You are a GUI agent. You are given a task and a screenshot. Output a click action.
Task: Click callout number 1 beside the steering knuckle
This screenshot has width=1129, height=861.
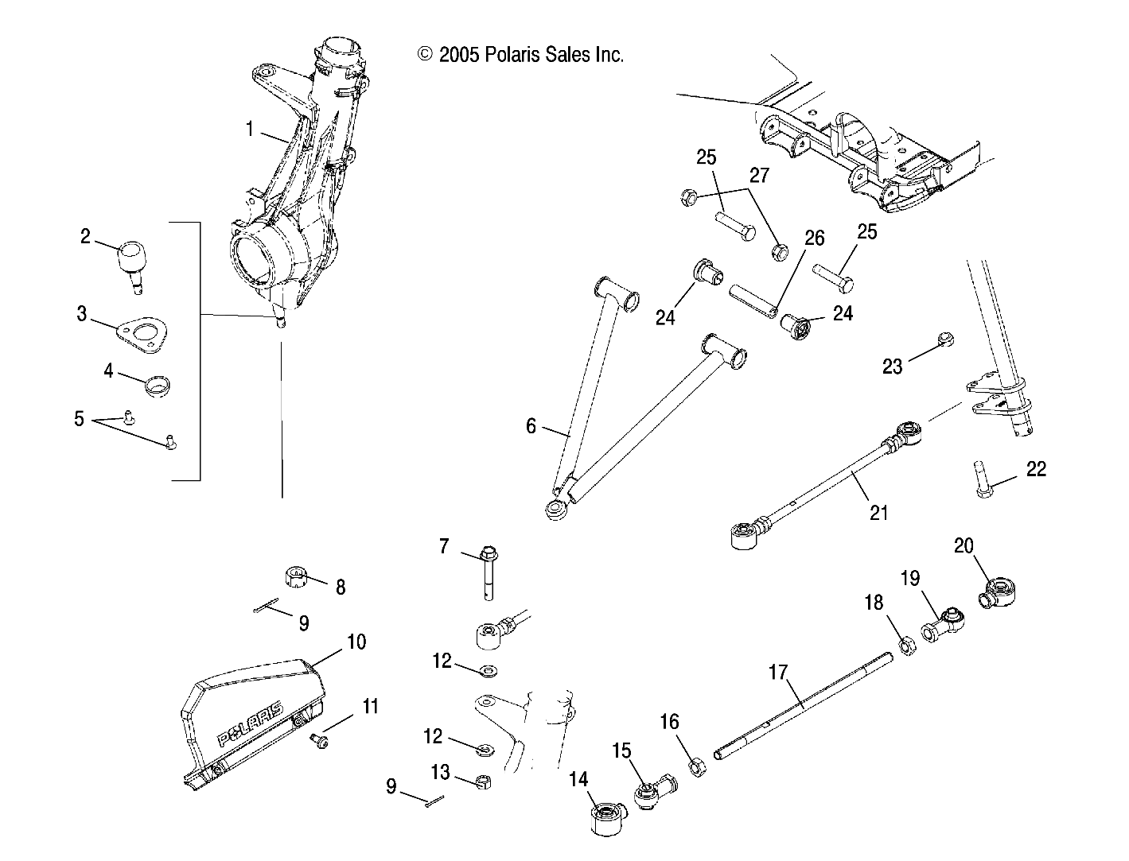point(249,129)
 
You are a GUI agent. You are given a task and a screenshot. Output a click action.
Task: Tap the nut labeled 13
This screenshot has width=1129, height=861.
point(481,781)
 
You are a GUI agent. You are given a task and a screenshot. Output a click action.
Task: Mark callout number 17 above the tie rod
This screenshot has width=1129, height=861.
point(777,673)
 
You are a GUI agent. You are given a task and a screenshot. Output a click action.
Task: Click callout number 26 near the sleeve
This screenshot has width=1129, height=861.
point(814,239)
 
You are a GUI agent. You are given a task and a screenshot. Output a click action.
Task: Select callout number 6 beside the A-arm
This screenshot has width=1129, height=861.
point(531,426)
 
